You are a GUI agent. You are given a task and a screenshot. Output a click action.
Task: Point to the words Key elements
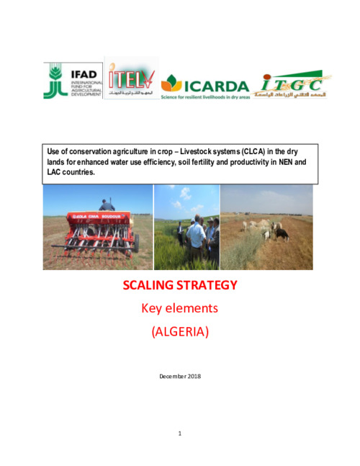pyautogui.click(x=179, y=308)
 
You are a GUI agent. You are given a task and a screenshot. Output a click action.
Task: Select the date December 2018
pyautogui.click(x=179, y=377)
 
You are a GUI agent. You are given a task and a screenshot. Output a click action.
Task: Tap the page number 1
pyautogui.click(x=179, y=434)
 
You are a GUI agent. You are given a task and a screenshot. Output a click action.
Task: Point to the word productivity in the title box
pyautogui.click(x=232, y=162)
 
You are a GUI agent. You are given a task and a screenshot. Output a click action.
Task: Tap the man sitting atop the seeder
pyautogui.click(x=107, y=206)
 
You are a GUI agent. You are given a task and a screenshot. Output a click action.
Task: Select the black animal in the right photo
pyautogui.click(x=282, y=234)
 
